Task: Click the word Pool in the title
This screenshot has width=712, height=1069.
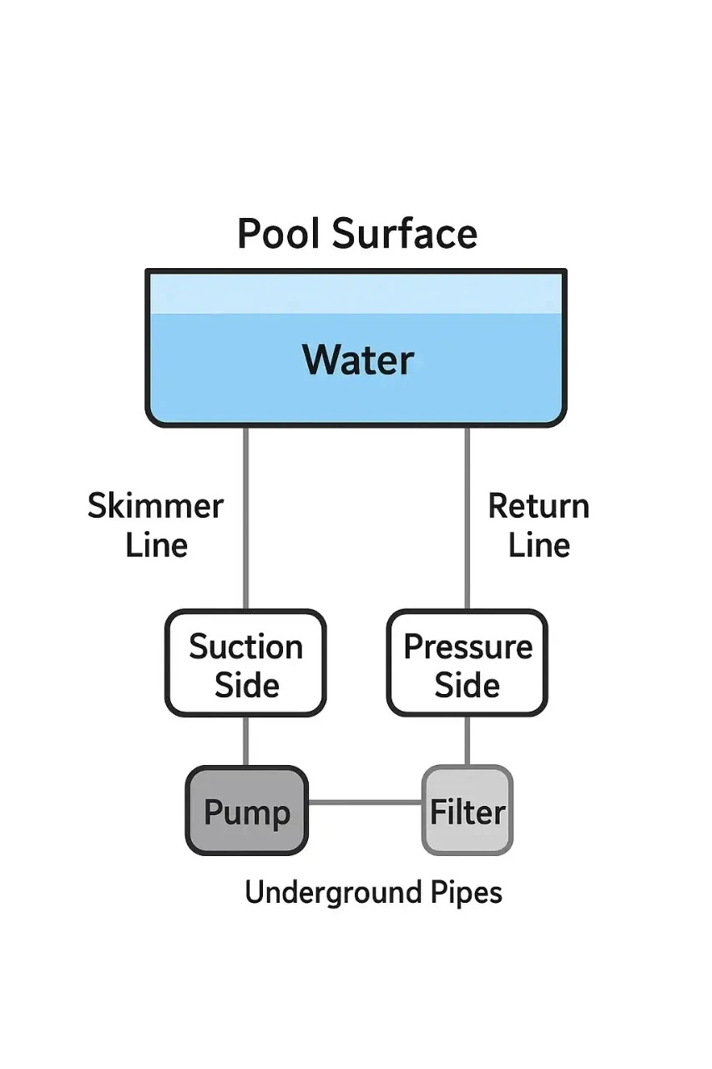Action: tap(280, 233)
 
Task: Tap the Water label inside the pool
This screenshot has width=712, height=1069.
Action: tap(357, 360)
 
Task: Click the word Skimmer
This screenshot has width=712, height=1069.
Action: tap(155, 507)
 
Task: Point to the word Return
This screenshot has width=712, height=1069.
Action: tap(538, 507)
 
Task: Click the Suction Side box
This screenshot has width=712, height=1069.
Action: tap(245, 664)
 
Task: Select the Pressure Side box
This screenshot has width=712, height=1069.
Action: tap(467, 664)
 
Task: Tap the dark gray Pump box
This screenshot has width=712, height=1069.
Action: tap(246, 812)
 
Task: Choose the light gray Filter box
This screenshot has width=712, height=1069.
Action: tap(467, 812)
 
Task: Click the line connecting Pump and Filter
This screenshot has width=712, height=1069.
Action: tap(365, 803)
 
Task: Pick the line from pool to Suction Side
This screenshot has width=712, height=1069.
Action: tap(246, 518)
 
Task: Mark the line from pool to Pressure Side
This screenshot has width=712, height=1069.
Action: tap(467, 518)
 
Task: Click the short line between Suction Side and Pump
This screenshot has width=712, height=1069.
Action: tap(246, 742)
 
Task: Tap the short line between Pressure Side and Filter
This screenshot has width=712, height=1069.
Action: tap(467, 742)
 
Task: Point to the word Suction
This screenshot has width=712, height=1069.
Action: tap(245, 646)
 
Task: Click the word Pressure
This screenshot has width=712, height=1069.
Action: tap(467, 646)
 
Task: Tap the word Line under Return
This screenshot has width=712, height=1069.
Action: tap(538, 545)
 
